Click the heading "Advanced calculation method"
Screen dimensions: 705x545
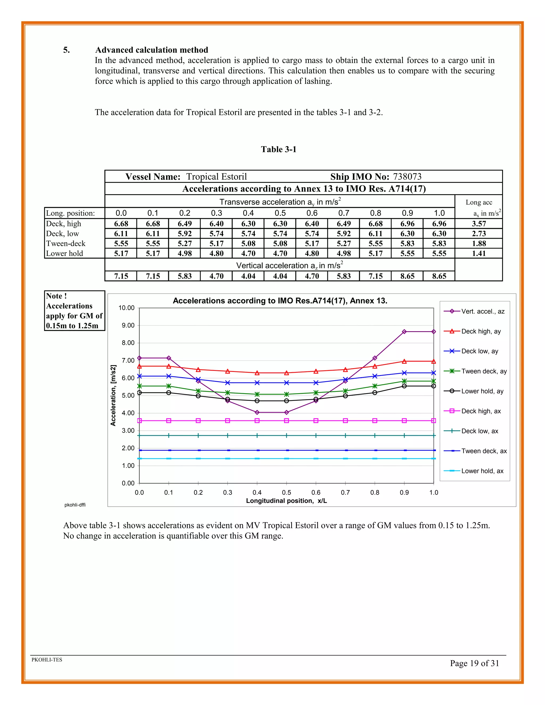[x=151, y=50]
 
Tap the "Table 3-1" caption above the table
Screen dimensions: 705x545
[x=278, y=149]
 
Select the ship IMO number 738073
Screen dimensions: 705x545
[x=407, y=177]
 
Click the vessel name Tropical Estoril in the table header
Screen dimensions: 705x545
[x=216, y=177]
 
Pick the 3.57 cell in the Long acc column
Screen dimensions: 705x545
[x=478, y=224]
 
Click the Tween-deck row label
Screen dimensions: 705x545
[x=66, y=243]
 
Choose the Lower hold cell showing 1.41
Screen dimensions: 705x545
[x=478, y=253]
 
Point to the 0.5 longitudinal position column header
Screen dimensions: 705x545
[x=280, y=213]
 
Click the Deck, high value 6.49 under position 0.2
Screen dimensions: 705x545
[x=184, y=224]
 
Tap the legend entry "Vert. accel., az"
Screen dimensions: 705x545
[x=482, y=311]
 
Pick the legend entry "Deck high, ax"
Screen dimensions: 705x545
[x=481, y=411]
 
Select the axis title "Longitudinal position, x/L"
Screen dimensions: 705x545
[x=286, y=501]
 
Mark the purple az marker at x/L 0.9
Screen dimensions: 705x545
[x=404, y=331]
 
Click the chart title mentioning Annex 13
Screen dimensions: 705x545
[x=280, y=301]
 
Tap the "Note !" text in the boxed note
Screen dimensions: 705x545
[x=56, y=296]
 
